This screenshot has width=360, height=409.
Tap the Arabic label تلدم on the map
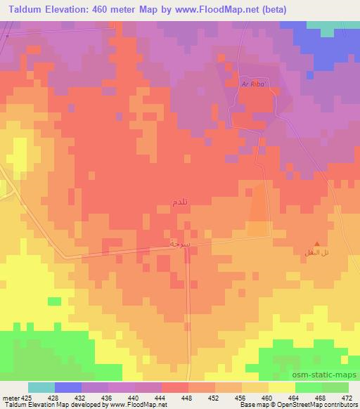coord(179,202)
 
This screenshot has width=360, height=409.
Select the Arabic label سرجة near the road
coord(181,242)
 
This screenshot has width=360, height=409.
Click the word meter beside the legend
coord(11,397)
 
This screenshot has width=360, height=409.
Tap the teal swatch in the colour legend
coord(41,387)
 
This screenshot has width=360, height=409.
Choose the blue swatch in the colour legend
coord(68,387)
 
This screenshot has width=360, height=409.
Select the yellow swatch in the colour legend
coord(281,387)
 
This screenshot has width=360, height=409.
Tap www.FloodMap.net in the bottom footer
coord(139,405)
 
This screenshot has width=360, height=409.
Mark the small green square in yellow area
coord(54,301)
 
